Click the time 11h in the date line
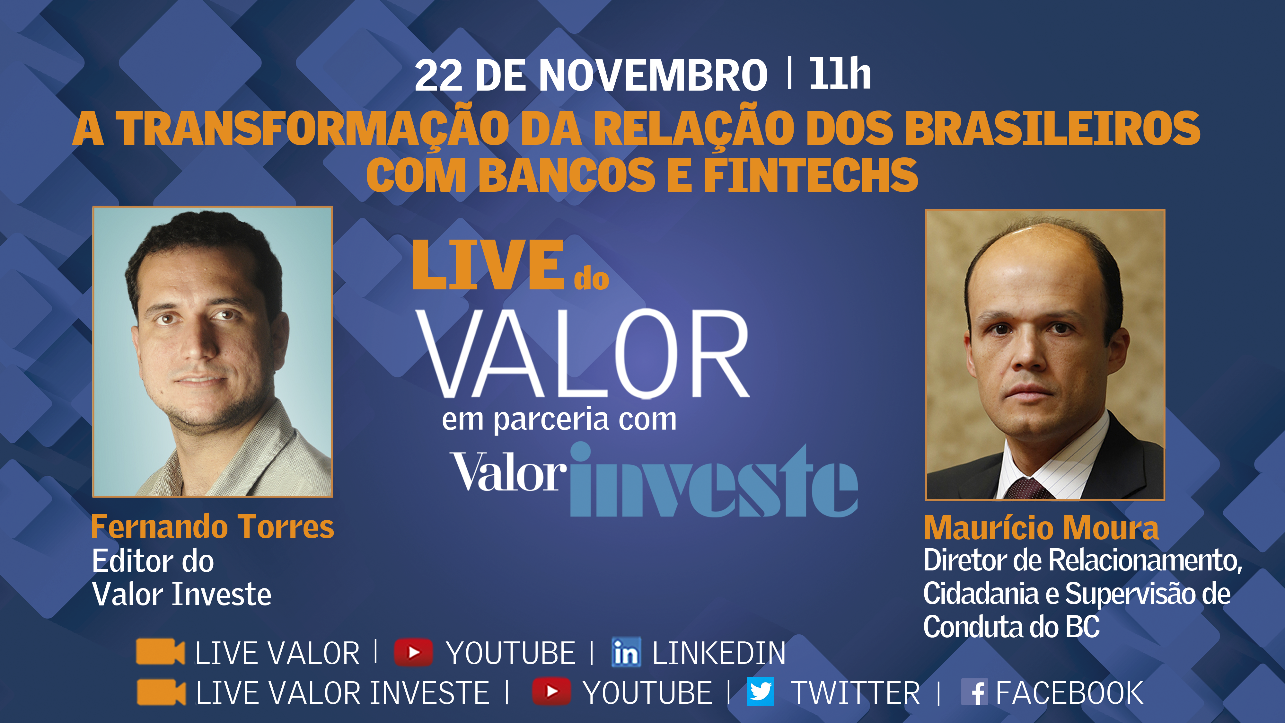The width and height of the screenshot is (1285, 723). (840, 74)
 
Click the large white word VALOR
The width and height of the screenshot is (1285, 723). (583, 354)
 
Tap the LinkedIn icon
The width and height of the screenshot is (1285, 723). (626, 652)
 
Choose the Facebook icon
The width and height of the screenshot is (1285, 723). (974, 692)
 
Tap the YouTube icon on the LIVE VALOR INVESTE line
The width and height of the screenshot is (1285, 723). (551, 692)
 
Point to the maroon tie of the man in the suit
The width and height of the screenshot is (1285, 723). (1028, 489)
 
